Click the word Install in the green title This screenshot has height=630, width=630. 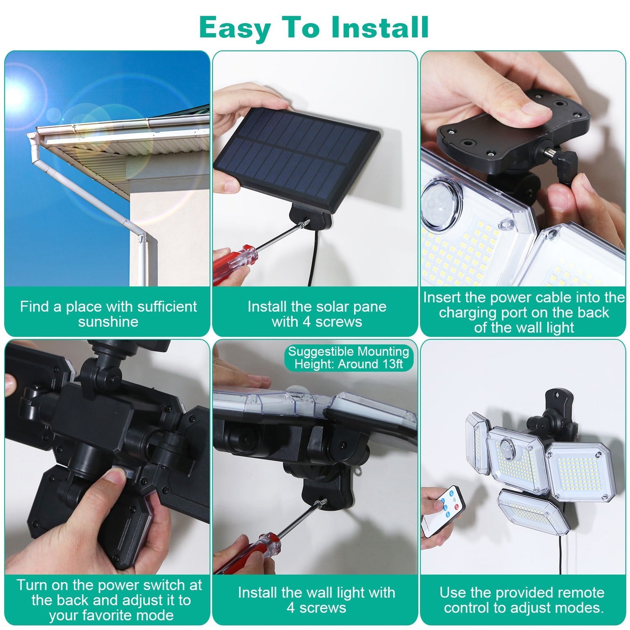click(379, 27)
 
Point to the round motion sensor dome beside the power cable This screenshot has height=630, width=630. click(439, 203)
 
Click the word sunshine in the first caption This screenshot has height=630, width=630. click(108, 322)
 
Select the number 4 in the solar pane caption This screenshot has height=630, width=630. click(306, 322)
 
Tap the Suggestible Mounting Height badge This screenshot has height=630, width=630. click(348, 358)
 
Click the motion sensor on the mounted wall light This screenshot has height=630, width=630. click(507, 449)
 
